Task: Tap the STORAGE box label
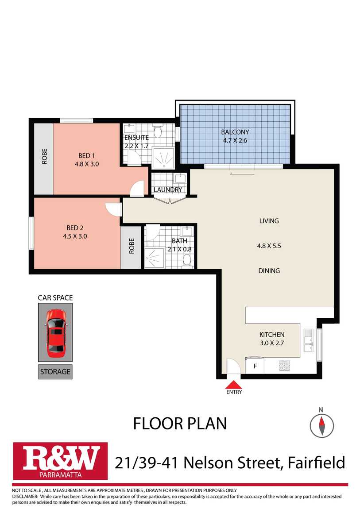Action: point(55,372)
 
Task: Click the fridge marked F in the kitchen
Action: point(255,366)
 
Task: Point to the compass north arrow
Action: point(321,426)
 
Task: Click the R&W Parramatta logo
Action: point(60,461)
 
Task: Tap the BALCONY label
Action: point(235,132)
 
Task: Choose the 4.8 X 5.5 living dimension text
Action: point(269,246)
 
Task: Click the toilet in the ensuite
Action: point(158,131)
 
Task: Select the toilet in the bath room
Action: point(187,260)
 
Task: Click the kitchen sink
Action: point(308,340)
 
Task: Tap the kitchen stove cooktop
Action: point(284,366)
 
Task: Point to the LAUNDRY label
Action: point(168,189)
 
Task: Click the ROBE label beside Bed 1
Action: point(44,156)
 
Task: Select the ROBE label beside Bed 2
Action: point(132,246)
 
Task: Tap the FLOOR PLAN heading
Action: point(180,424)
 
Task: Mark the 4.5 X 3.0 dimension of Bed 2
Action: point(75,236)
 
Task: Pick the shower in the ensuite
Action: point(163,159)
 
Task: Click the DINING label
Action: point(269,271)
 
